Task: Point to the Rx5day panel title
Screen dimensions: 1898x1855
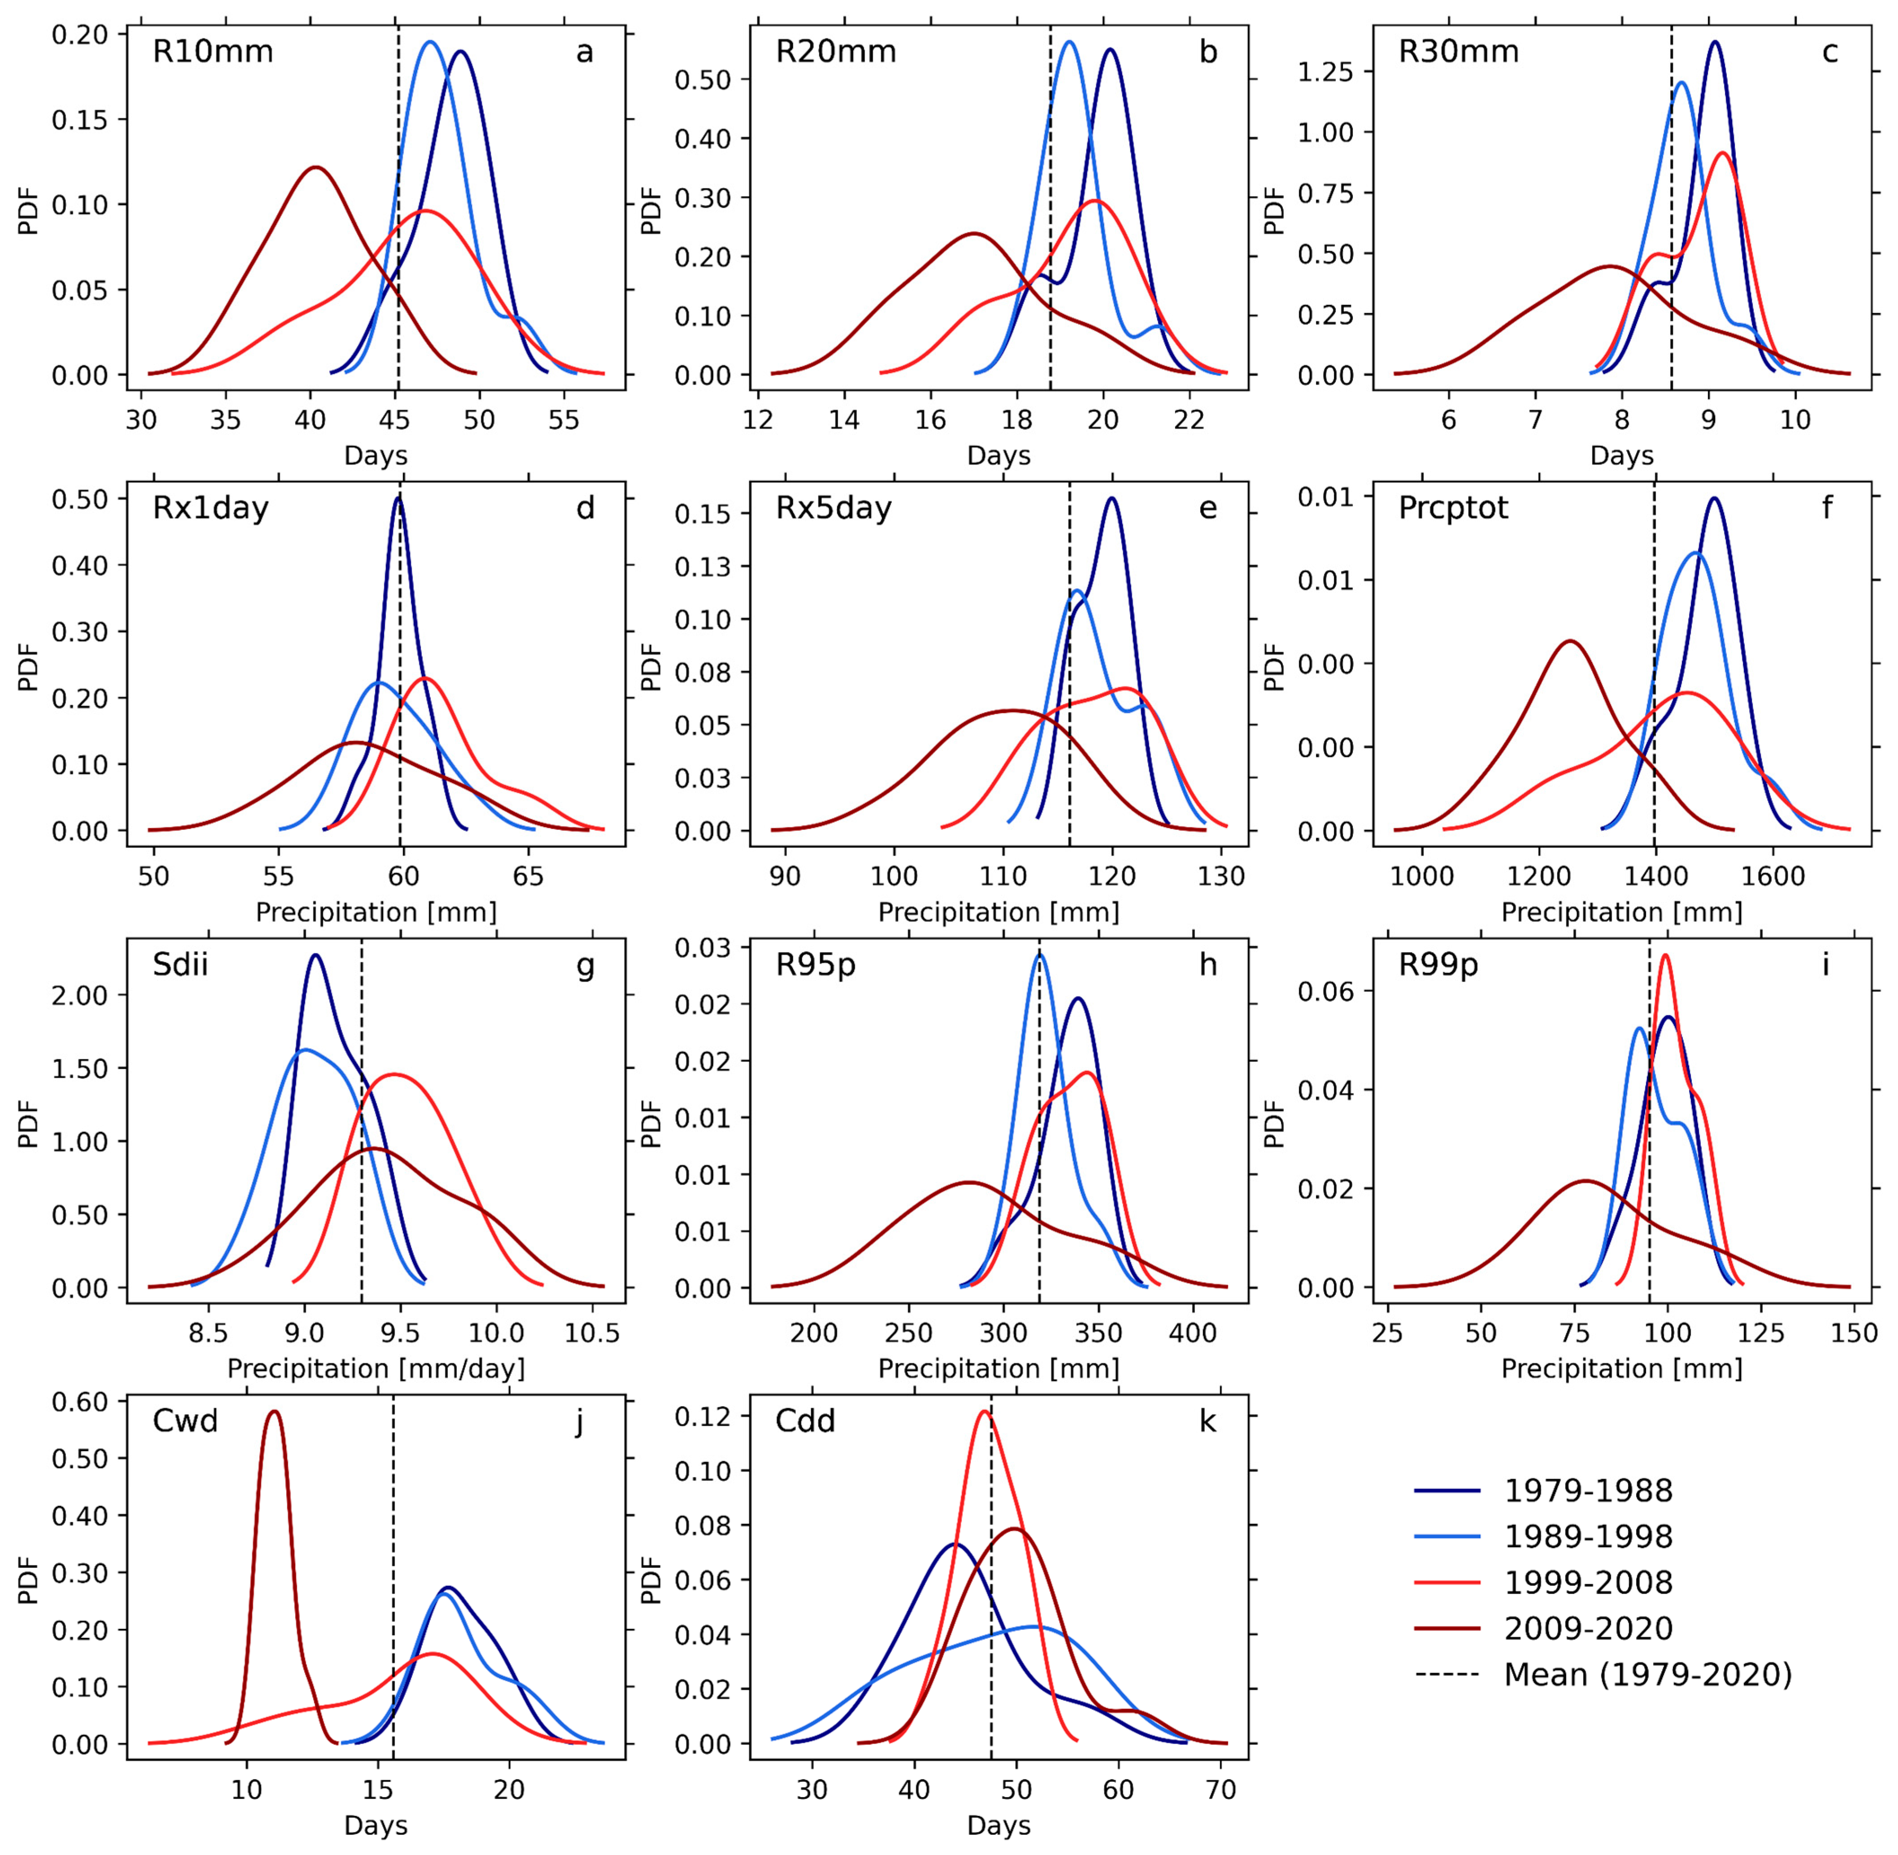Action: click(x=834, y=509)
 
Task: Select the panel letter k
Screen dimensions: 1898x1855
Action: click(x=1207, y=1422)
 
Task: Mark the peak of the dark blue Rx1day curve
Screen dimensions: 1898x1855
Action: click(x=397, y=498)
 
